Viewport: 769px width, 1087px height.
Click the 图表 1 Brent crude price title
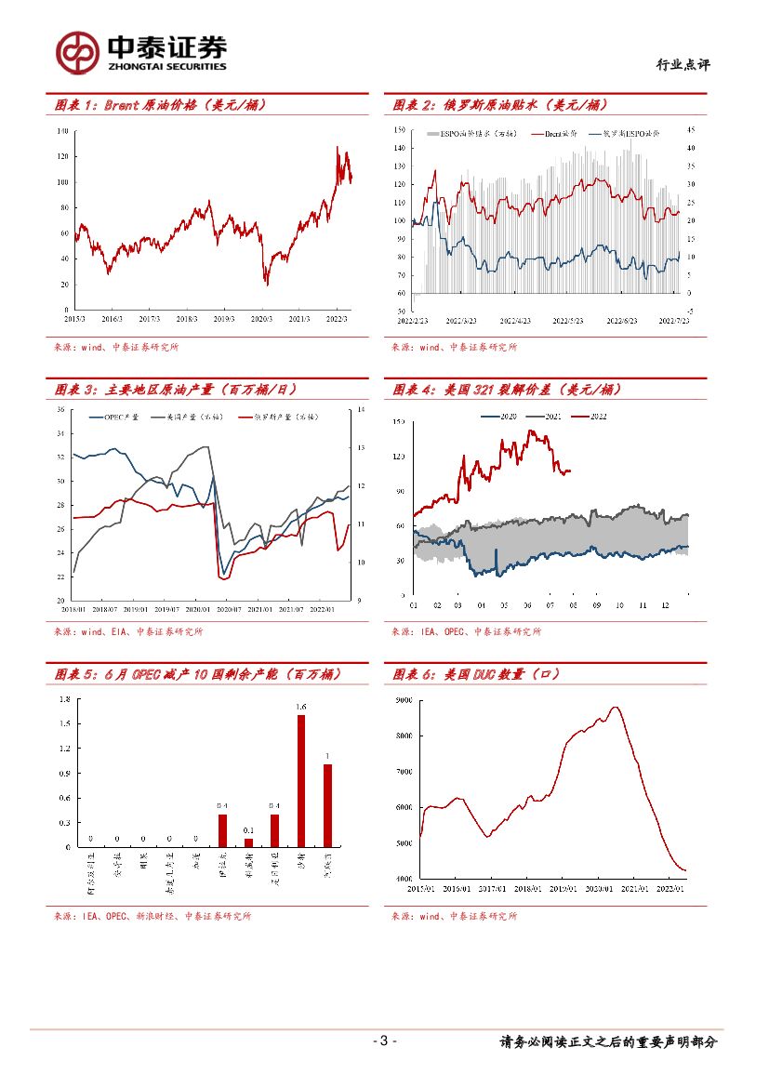[x=161, y=105]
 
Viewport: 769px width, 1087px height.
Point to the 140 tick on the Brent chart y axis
[x=63, y=132]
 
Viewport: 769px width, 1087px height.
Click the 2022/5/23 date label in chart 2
[x=567, y=320]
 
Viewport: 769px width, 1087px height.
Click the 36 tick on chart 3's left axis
[x=61, y=409]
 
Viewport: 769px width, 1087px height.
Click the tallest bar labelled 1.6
[x=301, y=781]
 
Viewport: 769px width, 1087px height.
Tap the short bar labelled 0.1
[x=248, y=842]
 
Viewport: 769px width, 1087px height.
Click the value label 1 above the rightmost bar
[x=327, y=755]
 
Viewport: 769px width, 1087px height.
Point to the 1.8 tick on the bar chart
[x=64, y=699]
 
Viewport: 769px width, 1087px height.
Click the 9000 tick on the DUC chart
[x=404, y=699]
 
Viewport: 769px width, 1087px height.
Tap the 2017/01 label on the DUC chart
[x=492, y=889]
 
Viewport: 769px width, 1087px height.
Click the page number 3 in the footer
[x=384, y=1041]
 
